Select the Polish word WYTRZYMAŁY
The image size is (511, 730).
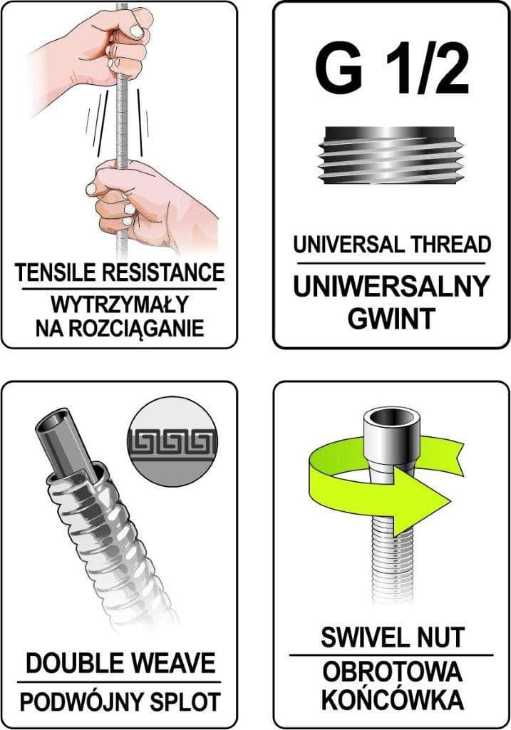(119, 305)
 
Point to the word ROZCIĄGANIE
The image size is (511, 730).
(137, 328)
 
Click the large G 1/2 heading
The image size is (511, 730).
(391, 71)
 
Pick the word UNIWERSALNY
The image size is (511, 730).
(391, 287)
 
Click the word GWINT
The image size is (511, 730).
(391, 319)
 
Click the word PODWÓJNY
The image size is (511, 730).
(86, 702)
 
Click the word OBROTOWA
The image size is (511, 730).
(392, 673)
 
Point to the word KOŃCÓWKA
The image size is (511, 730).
(392, 700)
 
